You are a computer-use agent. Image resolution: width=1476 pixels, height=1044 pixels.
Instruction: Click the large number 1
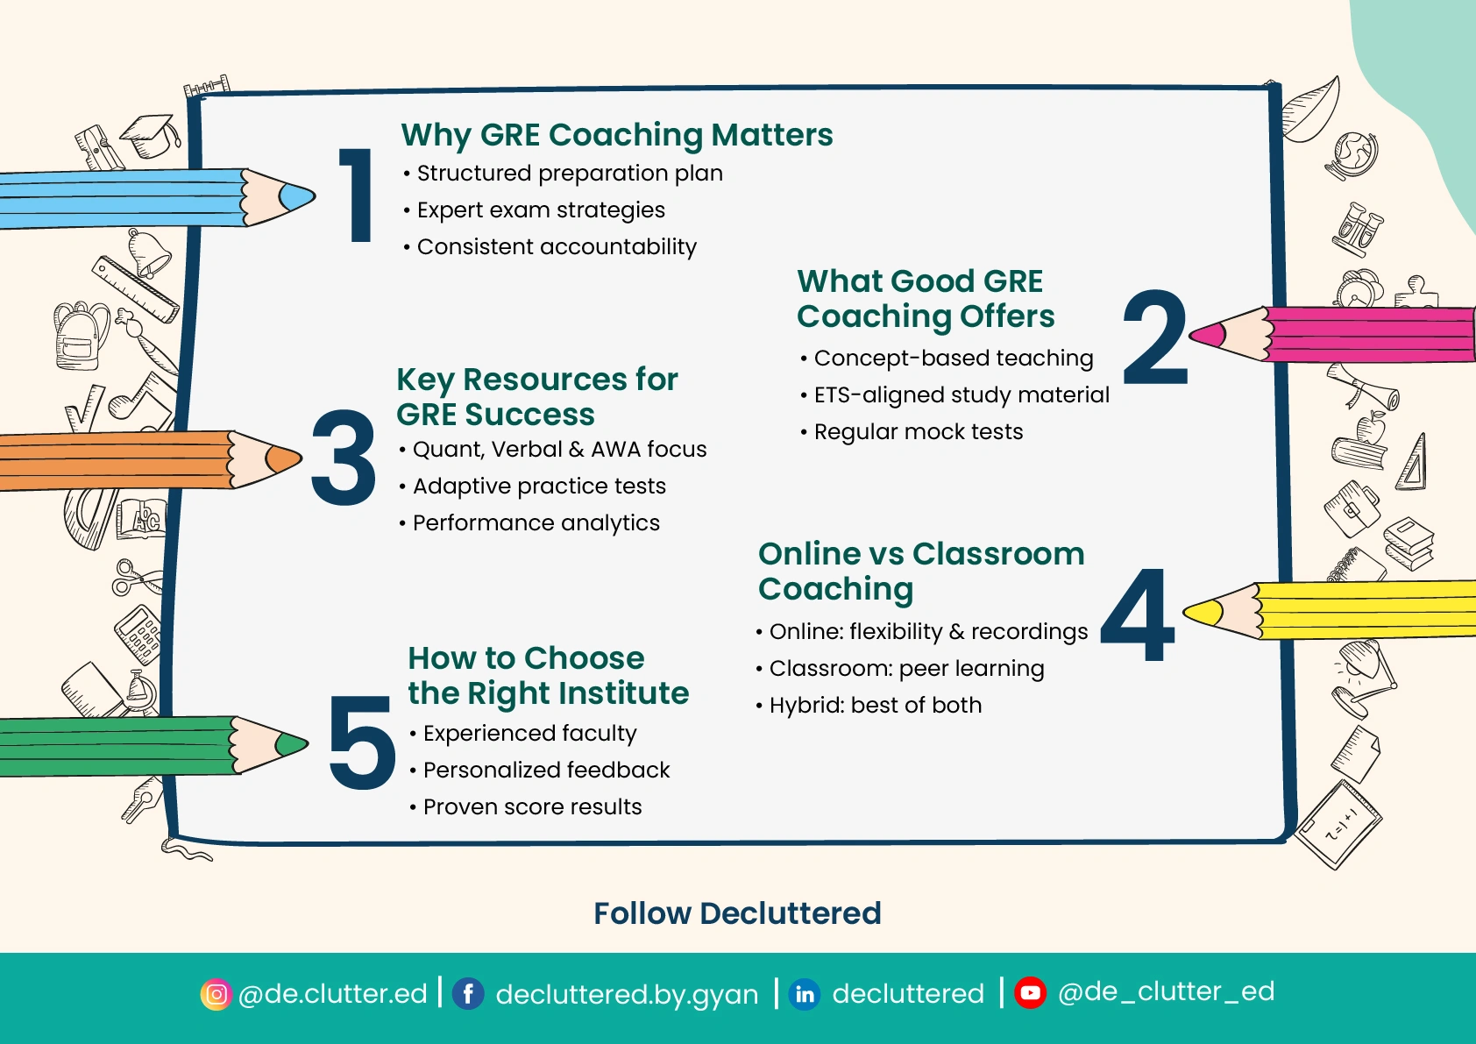(x=357, y=195)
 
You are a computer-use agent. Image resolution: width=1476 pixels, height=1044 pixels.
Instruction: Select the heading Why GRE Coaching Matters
(x=616, y=135)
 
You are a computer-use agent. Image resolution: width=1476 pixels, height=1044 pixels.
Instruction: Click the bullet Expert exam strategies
(x=540, y=210)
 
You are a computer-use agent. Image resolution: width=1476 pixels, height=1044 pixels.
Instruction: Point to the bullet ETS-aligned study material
(x=961, y=395)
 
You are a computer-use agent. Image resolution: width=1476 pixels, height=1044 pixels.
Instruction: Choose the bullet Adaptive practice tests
(x=538, y=486)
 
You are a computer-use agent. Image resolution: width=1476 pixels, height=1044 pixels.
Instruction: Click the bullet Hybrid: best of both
(x=875, y=706)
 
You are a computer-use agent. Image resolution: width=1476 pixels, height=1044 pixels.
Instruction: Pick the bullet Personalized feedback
(x=546, y=771)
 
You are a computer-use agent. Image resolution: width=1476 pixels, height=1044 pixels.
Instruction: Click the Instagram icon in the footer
(x=216, y=994)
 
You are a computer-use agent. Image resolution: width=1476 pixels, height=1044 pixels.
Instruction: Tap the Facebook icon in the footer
(x=468, y=994)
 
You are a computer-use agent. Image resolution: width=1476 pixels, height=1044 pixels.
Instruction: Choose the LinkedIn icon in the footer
(x=805, y=994)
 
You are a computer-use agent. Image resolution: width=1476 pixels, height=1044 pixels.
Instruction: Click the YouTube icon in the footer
(x=1030, y=993)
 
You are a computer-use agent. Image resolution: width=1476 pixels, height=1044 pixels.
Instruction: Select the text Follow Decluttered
(x=737, y=913)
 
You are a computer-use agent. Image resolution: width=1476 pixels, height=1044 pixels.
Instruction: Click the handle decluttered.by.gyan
(x=627, y=995)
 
